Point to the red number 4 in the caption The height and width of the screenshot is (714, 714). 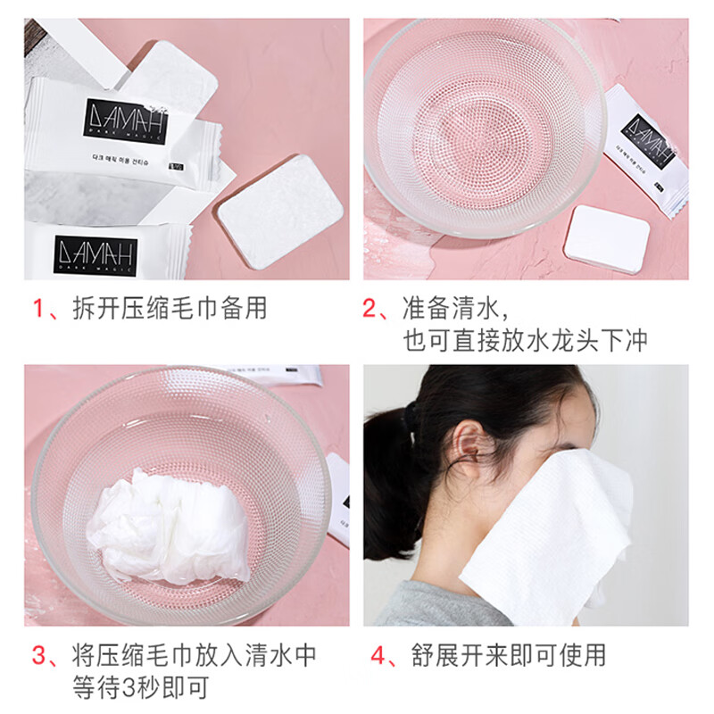click(x=378, y=656)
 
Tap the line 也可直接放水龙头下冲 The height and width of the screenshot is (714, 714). click(x=524, y=341)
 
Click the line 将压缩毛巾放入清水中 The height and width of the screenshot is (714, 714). click(x=193, y=656)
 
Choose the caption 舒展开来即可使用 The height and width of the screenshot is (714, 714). click(x=509, y=656)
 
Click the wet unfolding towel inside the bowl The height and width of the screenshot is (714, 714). click(x=170, y=522)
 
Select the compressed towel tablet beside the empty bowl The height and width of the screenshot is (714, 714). click(x=609, y=237)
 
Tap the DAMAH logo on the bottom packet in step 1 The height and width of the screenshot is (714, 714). click(x=95, y=254)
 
